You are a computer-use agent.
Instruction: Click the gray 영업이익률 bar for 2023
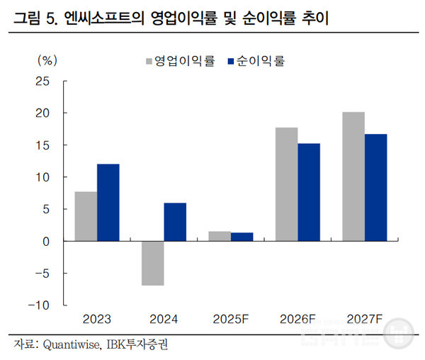86,216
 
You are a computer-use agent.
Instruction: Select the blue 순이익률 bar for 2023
108,203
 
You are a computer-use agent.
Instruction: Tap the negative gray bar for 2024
152,263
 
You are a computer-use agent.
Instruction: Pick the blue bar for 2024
175,222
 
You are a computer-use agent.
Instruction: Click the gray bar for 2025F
220,236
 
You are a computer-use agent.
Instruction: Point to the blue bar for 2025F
242,237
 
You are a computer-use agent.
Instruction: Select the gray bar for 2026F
286,184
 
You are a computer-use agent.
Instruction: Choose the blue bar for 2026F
309,192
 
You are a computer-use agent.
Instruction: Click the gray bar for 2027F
353,176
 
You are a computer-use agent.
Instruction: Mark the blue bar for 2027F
376,188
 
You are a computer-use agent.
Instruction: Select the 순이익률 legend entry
258,61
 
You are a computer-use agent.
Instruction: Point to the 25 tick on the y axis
42,81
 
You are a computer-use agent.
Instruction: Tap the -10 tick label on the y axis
39,305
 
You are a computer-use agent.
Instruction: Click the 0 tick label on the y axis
45,242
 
